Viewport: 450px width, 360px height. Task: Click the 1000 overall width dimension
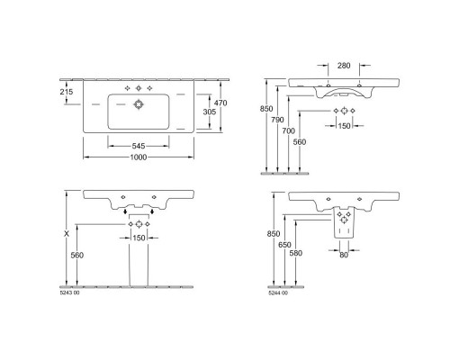(139, 157)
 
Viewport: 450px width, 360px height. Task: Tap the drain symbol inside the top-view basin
(139, 104)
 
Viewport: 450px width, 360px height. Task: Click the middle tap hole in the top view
(139, 88)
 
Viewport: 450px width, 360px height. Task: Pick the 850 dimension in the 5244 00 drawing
(272, 234)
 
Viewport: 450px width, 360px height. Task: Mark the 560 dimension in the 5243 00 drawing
(79, 255)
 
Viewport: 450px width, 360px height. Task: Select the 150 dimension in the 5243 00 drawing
(139, 237)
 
